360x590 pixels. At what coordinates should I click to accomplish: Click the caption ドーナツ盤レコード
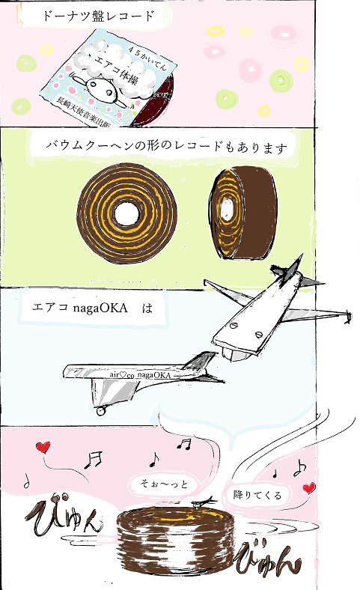tap(98, 16)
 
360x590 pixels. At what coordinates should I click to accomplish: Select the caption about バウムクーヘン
tap(166, 146)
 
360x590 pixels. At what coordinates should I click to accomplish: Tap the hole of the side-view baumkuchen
tap(227, 208)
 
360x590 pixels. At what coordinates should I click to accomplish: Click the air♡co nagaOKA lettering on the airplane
tap(140, 375)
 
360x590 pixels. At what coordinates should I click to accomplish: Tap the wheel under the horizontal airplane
tap(100, 411)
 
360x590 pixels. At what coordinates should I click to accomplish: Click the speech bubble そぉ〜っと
tap(164, 484)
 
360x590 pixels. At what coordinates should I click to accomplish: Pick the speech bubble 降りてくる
tap(257, 494)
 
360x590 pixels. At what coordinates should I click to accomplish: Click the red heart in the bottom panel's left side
tap(43, 448)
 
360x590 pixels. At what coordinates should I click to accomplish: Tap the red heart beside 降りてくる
tap(309, 488)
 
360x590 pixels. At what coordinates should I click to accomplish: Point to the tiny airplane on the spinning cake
tap(202, 502)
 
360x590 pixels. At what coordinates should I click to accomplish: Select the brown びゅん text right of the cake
tap(269, 559)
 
